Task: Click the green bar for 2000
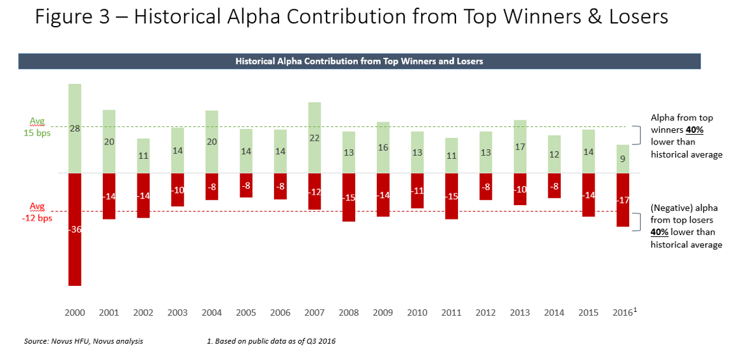[x=75, y=128]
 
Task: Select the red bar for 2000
[x=75, y=229]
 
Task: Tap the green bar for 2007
[x=314, y=137]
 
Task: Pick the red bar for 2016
[x=623, y=200]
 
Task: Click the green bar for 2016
[x=623, y=159]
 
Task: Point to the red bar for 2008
[x=349, y=197]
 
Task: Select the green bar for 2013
[x=520, y=147]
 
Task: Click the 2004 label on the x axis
[x=211, y=313]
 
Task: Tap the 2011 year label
[x=452, y=313]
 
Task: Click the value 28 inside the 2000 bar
[x=75, y=129]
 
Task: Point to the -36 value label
[x=75, y=229]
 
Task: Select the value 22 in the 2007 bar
[x=314, y=138]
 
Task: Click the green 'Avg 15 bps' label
[x=40, y=127]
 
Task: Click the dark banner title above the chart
[x=359, y=61]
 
